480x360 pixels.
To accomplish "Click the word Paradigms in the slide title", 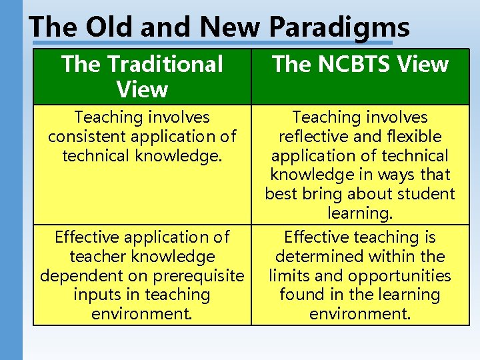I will point(339,27).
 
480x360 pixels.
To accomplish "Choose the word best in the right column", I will point(280,194).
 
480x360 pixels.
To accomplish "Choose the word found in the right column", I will point(301,295).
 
